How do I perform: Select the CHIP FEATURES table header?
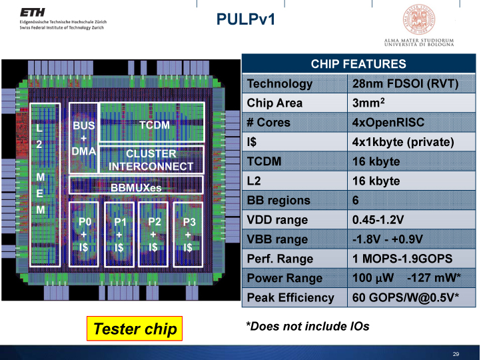pyautogui.click(x=358, y=64)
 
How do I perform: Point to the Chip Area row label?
pyautogui.click(x=274, y=103)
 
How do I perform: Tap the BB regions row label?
pyautogui.click(x=278, y=200)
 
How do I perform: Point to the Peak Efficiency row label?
pyautogui.click(x=290, y=297)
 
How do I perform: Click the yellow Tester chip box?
pyautogui.click(x=135, y=328)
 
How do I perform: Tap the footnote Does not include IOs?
pyautogui.click(x=307, y=326)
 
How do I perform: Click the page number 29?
pyautogui.click(x=456, y=354)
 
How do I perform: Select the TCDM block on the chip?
pyautogui.click(x=154, y=125)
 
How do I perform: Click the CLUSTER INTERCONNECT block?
pyautogui.click(x=151, y=160)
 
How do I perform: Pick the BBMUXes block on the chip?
pyautogui.click(x=136, y=188)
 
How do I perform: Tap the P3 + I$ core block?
pyautogui.click(x=188, y=235)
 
